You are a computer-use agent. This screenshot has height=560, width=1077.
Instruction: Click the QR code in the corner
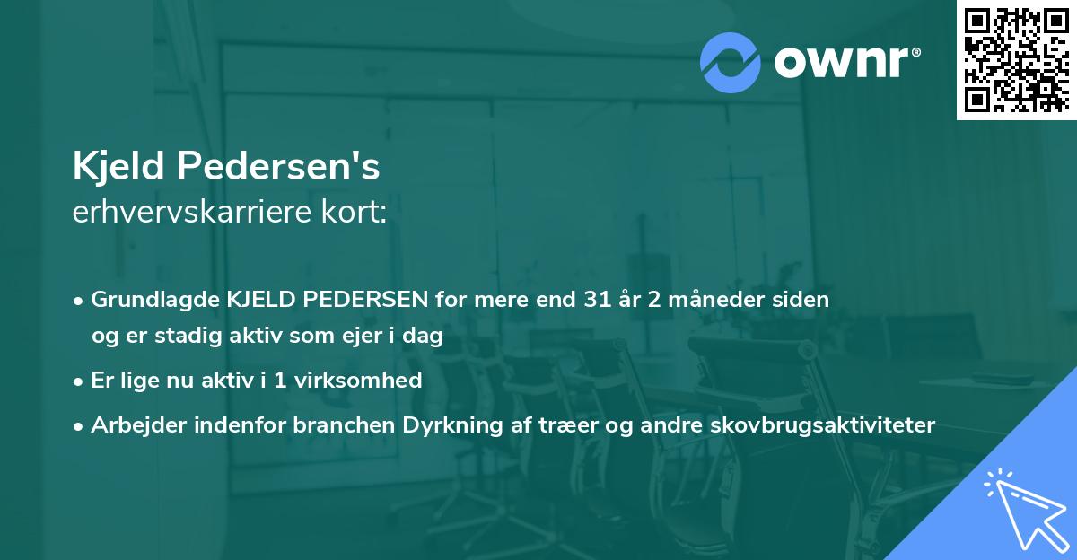[1015, 60]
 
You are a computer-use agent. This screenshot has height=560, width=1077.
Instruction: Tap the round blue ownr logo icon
[731, 62]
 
